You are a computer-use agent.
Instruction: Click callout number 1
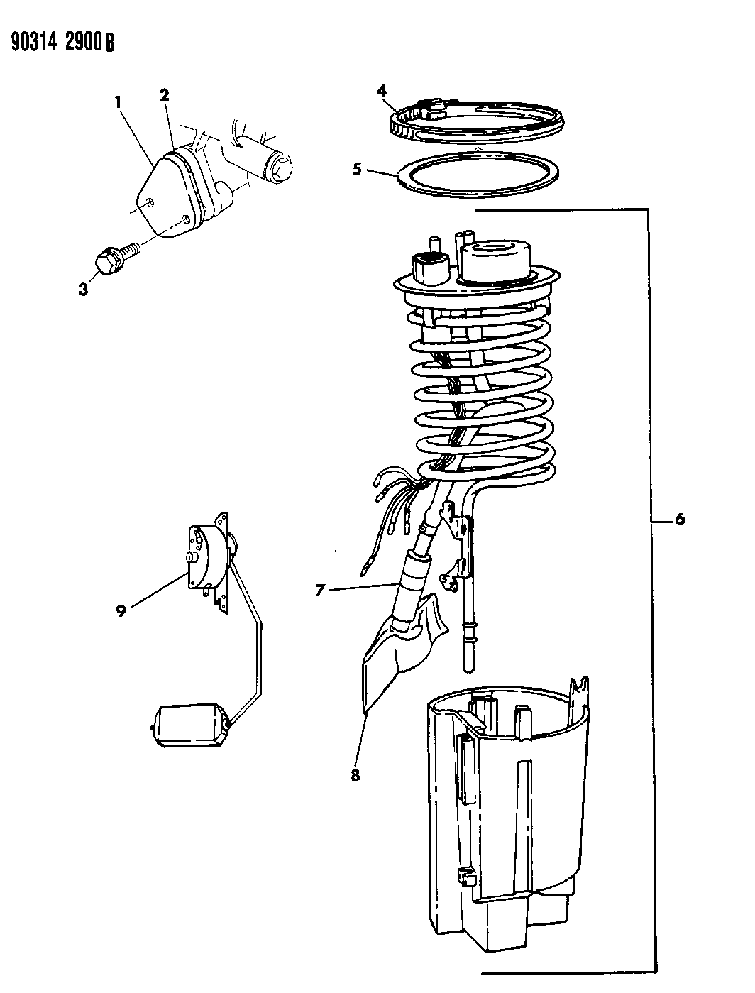coord(118,102)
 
